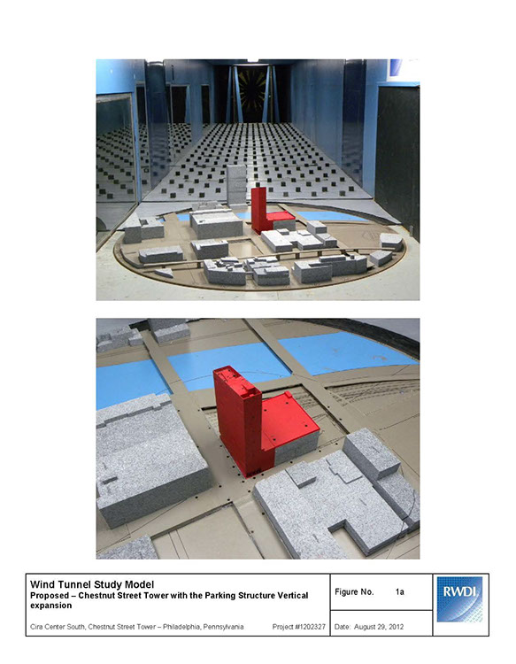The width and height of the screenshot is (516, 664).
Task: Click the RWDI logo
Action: (x=459, y=599)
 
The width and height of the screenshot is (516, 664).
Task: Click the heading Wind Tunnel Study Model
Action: (x=92, y=585)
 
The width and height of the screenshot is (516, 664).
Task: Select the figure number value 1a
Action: (x=399, y=591)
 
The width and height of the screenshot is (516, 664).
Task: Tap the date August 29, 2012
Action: (x=379, y=627)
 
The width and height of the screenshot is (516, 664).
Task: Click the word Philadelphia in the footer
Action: (x=181, y=627)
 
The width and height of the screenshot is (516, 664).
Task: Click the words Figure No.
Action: (x=354, y=591)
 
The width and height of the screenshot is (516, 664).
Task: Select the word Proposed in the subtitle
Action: (x=50, y=596)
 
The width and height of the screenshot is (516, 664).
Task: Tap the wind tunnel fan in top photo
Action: (x=253, y=91)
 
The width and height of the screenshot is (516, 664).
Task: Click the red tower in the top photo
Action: (x=259, y=210)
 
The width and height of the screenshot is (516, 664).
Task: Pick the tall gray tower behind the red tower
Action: (x=236, y=185)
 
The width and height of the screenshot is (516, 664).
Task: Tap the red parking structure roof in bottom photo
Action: (x=289, y=420)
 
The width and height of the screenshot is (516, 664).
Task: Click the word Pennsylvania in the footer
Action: (x=223, y=627)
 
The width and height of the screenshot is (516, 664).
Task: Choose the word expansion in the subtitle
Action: (x=50, y=606)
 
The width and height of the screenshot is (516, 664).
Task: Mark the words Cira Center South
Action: (x=58, y=627)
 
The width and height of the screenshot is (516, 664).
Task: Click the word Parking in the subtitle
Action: (x=219, y=596)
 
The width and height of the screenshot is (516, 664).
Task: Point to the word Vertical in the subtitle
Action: (x=292, y=596)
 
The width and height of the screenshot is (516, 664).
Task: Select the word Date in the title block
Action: (x=342, y=627)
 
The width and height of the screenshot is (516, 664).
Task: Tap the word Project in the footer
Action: (x=283, y=627)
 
